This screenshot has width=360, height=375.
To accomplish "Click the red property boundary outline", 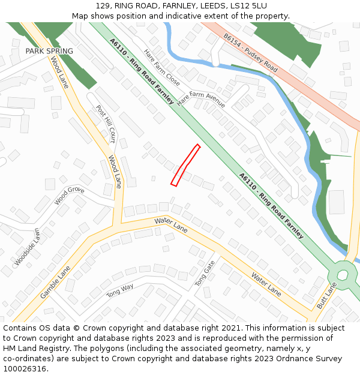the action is tap(185, 165).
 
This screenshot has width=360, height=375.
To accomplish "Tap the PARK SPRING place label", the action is tap(49, 52).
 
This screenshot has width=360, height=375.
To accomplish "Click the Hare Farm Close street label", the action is tap(162, 67).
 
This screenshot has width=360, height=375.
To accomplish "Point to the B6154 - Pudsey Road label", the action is tap(250, 53).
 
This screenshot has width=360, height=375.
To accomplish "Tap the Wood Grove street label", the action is tap(70, 196).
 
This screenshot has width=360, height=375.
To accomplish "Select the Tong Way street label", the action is tap(120, 291).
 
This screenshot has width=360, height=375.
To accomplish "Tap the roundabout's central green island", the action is tap(343, 275).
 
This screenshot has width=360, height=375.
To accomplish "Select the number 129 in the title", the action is tap(103, 6).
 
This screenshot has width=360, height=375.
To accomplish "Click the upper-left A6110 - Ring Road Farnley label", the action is tap(142, 71).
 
